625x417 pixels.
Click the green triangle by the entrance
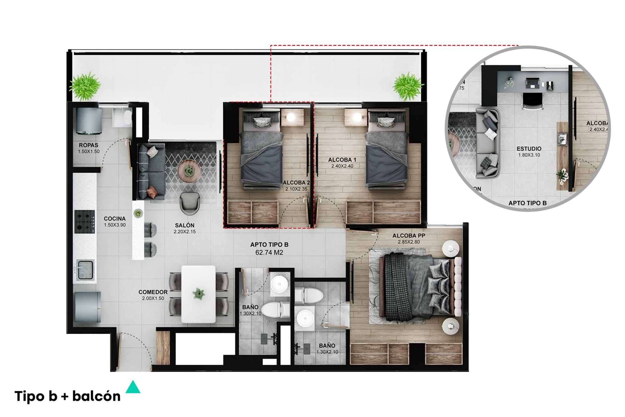coord(133,387)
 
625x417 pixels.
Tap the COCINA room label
coord(115,219)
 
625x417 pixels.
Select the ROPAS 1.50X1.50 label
coord(88,148)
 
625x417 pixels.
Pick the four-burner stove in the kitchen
coord(85,221)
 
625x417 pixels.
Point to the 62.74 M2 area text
coord(269,253)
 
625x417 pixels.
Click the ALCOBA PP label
coord(409,236)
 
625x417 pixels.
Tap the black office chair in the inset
coord(532,102)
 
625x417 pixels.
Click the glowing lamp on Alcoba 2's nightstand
coord(290,117)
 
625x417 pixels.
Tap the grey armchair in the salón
coord(190,203)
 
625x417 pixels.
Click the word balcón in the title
coord(96,397)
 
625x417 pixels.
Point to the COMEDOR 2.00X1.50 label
coord(153,295)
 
